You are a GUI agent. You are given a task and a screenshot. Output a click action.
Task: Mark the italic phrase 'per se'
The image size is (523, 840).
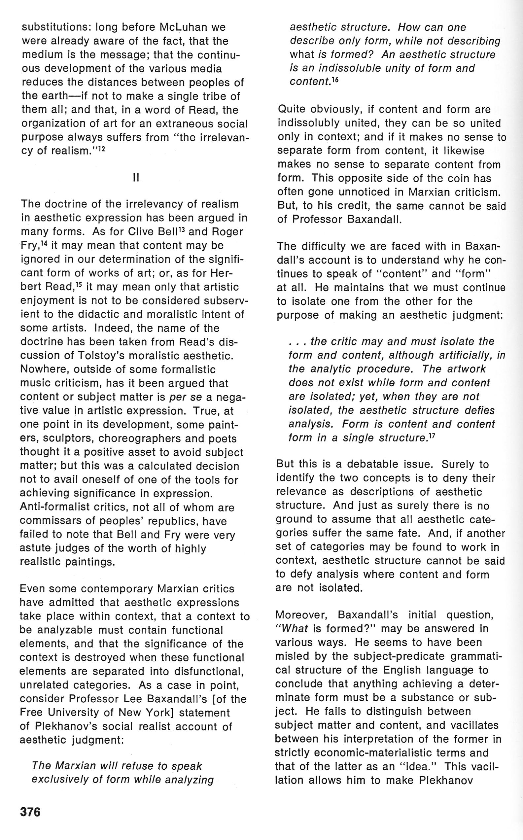[183, 397]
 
